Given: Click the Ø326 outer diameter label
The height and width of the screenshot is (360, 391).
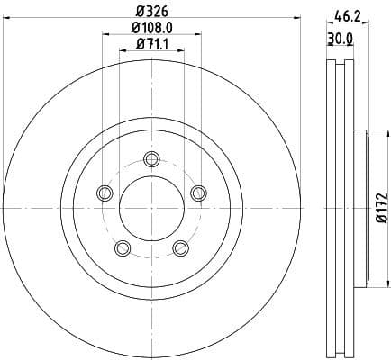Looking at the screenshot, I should tap(150, 13).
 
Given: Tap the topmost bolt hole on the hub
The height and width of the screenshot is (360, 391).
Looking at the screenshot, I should tap(150, 160).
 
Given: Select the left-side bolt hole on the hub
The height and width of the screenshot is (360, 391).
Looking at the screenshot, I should tap(105, 193).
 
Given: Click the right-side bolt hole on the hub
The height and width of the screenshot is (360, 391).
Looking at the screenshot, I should tap(196, 191).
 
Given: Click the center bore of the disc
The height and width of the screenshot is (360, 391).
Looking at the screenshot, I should tap(150, 209).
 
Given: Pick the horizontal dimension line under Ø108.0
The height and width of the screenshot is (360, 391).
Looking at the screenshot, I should tap(150, 37).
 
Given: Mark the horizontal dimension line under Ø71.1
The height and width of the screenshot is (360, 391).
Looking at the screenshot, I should tap(150, 52).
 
